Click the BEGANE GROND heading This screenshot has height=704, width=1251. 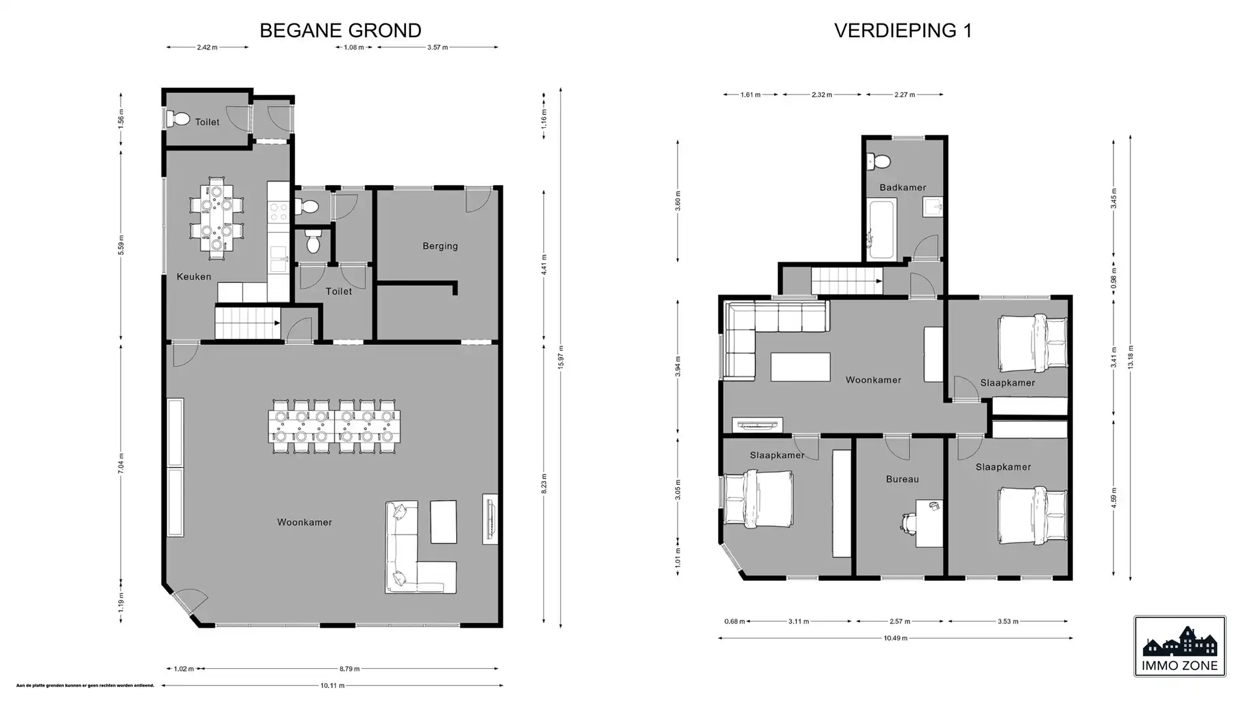(x=340, y=31)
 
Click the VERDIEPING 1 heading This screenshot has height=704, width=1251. (x=902, y=31)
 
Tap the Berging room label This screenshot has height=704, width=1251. (x=440, y=246)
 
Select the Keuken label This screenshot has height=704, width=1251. (x=194, y=276)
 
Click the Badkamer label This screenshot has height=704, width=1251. (x=902, y=188)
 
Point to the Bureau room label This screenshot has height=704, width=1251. (x=902, y=479)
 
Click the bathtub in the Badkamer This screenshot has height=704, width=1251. (x=882, y=229)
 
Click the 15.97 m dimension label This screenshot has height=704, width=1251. (x=561, y=357)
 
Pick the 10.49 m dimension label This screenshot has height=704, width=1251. (x=895, y=638)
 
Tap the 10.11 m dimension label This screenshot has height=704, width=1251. (x=332, y=685)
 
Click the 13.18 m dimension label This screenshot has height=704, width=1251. (x=1130, y=357)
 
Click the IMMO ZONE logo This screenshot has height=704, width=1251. (x=1179, y=646)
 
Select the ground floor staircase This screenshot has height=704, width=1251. (x=246, y=323)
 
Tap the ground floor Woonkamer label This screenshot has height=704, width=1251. (x=304, y=522)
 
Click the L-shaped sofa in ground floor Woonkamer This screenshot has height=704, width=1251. (x=407, y=561)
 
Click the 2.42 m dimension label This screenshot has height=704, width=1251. (x=207, y=47)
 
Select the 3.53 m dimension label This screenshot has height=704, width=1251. (x=1007, y=621)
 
